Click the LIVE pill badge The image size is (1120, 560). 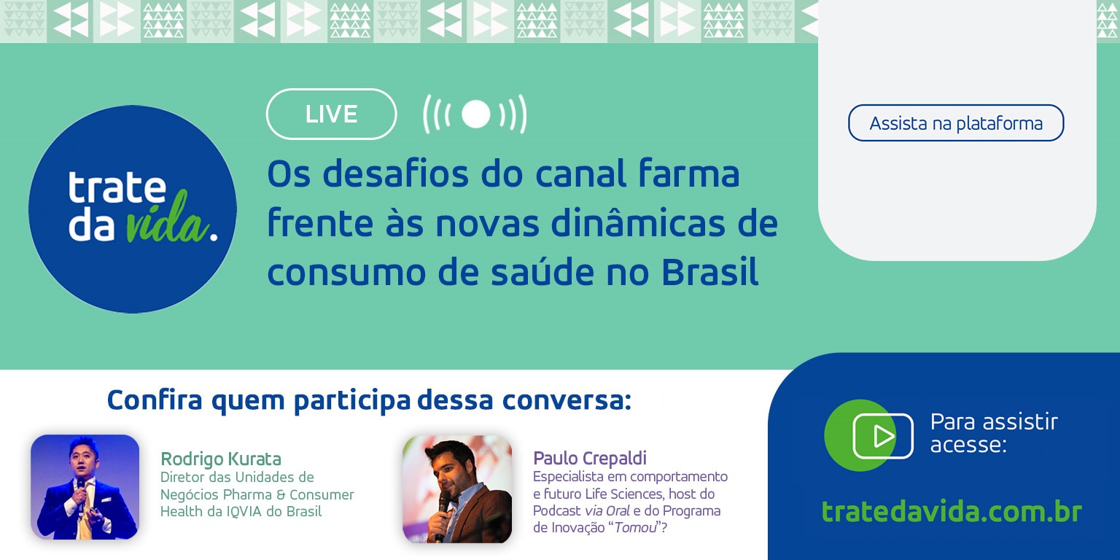coord(331,114)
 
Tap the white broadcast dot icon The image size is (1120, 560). coord(475,114)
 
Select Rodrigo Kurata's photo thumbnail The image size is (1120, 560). coord(85,487)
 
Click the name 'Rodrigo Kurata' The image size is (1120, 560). coord(220,459)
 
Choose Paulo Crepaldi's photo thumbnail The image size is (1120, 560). coord(457,489)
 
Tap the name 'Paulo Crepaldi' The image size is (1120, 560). coord(590,458)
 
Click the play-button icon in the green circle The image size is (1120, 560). coord(882,436)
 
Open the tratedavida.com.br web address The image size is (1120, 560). coord(952,511)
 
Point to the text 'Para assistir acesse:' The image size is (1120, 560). coord(993,432)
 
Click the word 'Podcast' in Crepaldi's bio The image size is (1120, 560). coord(557,511)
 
